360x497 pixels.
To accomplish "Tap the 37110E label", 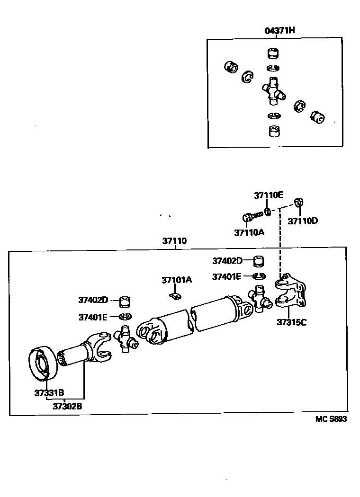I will pos(268,195).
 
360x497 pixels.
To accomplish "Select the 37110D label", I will pos(303,221).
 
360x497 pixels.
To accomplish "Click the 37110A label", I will pos(249,232).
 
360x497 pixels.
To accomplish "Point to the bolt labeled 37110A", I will pos(251,217).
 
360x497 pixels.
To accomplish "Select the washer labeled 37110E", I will pos(267,211).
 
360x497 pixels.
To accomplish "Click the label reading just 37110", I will pos(174,241).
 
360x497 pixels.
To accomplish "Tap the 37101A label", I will pos(177,280).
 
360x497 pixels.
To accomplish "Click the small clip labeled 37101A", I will pos(175,296).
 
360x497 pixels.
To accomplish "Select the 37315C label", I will pos(292,323).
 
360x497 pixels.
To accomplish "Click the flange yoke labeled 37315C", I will pos(291,293).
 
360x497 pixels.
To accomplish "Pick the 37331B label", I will pos(49,392).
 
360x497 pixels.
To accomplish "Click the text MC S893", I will pos(331,419).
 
